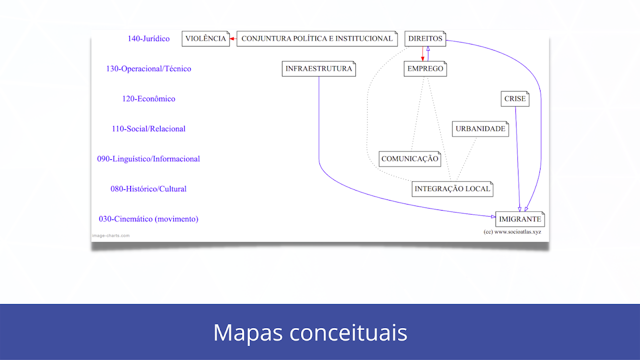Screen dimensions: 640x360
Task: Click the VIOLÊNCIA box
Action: coord(205,38)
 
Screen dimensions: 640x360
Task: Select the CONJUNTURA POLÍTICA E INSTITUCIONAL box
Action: coord(317,38)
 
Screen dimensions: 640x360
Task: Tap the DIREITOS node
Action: coord(425,38)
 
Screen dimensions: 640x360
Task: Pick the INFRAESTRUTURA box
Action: coord(319,68)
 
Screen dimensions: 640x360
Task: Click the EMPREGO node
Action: coord(425,68)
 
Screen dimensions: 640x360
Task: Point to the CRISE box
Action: coord(515,99)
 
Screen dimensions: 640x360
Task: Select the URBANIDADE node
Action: coord(480,129)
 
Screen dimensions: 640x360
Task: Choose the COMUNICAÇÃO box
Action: coord(409,159)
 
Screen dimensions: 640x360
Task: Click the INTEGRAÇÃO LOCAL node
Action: coord(452,189)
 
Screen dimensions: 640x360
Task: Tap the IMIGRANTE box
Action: coord(520,219)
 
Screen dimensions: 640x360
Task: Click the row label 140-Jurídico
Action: coord(148,38)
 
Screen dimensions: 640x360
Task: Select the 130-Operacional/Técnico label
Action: coord(148,69)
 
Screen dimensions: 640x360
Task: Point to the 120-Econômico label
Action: coord(148,99)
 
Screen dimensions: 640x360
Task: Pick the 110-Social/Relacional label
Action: coord(148,129)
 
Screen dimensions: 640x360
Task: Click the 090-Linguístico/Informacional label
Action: coord(148,159)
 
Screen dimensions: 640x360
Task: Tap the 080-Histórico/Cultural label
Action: coord(148,189)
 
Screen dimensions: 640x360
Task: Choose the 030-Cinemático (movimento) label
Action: coord(148,219)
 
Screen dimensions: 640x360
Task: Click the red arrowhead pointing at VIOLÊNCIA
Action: coord(232,38)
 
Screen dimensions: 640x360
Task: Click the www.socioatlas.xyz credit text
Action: coord(517,231)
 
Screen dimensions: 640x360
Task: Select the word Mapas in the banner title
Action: coord(247,332)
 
